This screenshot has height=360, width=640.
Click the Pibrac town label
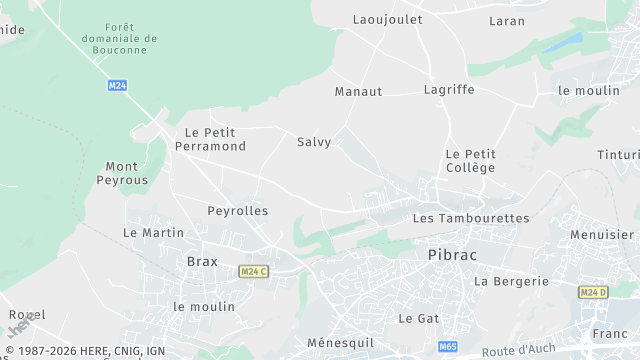pos(452,255)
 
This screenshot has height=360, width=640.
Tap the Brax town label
pos(203,261)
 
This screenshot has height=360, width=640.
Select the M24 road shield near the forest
pos(117,86)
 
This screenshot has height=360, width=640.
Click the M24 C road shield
pos(253,271)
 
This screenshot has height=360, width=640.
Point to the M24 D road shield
pos(593,292)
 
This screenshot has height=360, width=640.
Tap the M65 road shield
pos(447,346)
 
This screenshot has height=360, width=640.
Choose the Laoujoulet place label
pos(387,19)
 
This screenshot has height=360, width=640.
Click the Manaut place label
pos(358,91)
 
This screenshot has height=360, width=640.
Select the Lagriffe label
pos(448,90)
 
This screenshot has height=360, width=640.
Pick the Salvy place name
pos(314,142)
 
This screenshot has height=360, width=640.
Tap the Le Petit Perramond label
pos(210,139)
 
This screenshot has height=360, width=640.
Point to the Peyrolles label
pos(237,211)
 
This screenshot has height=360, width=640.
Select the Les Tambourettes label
pos(471,218)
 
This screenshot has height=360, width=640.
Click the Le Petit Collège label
pos(470,161)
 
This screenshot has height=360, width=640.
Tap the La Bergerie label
pos(511,281)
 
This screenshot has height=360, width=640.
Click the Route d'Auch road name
pos(519,351)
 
